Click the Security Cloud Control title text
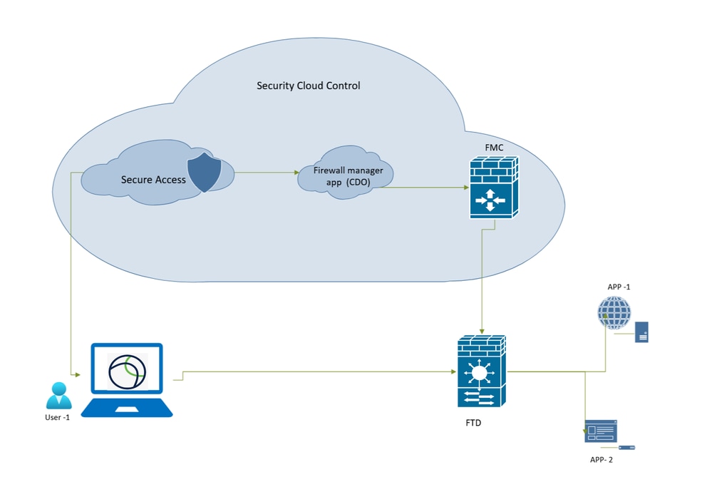pos(308,86)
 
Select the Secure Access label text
pos(153,180)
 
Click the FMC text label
pos(494,145)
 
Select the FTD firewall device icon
pos(482,371)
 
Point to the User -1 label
pos(57,417)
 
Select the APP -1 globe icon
pos(614,312)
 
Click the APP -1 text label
pos(619,287)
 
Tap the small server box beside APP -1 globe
pos(641,332)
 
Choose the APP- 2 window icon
pos(601,431)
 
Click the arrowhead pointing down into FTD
pos(483,331)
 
